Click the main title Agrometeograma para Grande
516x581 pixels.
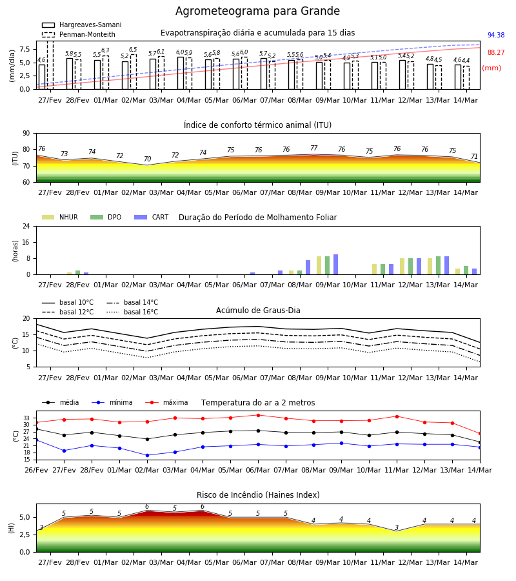(x=257, y=11)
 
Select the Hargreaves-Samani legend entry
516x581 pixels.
(x=81, y=25)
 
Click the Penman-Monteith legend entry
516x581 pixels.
(x=79, y=34)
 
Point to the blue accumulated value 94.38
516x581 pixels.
(x=496, y=36)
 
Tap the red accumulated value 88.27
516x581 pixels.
(x=496, y=53)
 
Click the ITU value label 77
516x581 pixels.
(x=314, y=148)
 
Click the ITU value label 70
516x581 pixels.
(x=147, y=159)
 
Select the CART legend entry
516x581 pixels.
(x=152, y=217)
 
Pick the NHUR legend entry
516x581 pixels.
(x=60, y=217)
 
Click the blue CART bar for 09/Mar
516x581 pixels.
(x=336, y=265)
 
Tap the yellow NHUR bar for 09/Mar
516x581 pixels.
(x=319, y=265)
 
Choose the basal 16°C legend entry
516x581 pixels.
(x=132, y=312)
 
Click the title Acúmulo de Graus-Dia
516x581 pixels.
(x=258, y=311)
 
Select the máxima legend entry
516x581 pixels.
(x=166, y=402)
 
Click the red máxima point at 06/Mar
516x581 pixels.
(x=259, y=415)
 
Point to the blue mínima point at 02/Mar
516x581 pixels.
(x=147, y=455)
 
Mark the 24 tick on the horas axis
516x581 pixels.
(x=26, y=227)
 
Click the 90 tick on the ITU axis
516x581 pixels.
(x=26, y=134)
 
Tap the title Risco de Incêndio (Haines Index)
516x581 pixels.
(x=258, y=495)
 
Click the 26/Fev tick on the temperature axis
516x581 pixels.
(x=36, y=470)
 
